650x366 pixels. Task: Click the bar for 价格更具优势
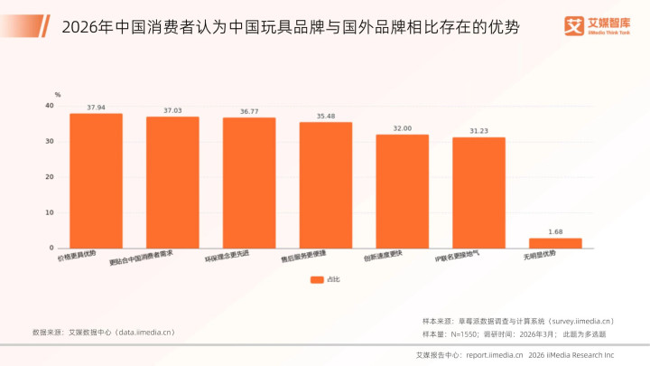(x=96, y=181)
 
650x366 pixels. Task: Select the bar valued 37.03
(x=172, y=183)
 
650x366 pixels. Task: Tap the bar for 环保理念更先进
(x=249, y=183)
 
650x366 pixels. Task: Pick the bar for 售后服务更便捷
(x=326, y=185)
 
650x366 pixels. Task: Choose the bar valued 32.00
(x=403, y=192)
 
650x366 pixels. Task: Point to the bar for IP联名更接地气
(x=478, y=192)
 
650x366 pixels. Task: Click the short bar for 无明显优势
(x=555, y=243)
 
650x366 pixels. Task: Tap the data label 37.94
(x=96, y=108)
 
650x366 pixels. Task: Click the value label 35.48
(x=326, y=117)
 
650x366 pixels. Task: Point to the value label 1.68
(x=555, y=232)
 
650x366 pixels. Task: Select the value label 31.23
(x=478, y=131)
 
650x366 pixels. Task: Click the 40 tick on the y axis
(x=50, y=107)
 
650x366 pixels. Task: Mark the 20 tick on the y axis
(x=50, y=177)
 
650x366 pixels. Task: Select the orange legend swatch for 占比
(x=317, y=280)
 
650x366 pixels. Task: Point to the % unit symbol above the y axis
(x=57, y=95)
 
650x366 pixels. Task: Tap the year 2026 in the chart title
(x=81, y=27)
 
